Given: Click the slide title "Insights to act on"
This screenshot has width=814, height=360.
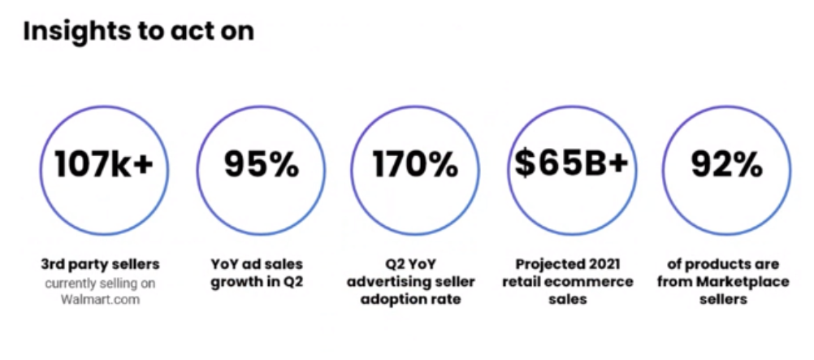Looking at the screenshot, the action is (139, 31).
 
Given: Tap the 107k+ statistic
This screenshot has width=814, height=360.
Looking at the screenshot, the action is (104, 164).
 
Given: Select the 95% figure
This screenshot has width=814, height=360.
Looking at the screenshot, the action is (261, 164).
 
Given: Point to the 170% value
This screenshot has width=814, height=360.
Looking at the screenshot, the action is (415, 164).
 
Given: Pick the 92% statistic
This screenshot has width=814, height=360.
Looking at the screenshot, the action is (726, 164).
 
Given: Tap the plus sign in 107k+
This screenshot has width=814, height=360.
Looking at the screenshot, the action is (142, 165).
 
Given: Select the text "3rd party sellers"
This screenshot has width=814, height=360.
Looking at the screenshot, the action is (100, 264).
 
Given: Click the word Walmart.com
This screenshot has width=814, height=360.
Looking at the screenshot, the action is (100, 300).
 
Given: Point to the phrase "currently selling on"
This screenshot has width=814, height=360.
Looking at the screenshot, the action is (100, 284).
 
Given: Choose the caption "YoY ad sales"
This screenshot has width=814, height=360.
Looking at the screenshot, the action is (257, 264).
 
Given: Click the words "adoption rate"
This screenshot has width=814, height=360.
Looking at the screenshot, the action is (411, 300).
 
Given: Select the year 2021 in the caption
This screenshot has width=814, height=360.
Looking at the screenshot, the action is (602, 264).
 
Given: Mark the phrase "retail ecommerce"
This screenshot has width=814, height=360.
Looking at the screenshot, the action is (568, 282).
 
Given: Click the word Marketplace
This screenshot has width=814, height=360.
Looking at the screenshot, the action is (743, 282).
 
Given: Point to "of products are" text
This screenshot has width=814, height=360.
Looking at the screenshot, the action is (723, 264).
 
